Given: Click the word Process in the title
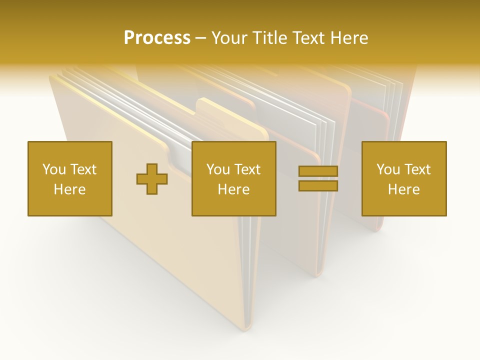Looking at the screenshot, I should (157, 37).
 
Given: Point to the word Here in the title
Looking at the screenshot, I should (349, 37).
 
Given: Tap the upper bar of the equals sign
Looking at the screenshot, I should (318, 171).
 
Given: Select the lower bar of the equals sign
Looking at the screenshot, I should (318, 185).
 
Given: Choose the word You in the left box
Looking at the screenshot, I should (53, 169).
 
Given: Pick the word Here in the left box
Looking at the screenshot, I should (69, 189).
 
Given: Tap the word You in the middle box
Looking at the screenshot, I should (217, 169).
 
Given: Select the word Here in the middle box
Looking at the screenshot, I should (233, 189).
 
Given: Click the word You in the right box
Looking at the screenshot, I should (387, 169).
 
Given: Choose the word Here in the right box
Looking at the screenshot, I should (403, 189).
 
